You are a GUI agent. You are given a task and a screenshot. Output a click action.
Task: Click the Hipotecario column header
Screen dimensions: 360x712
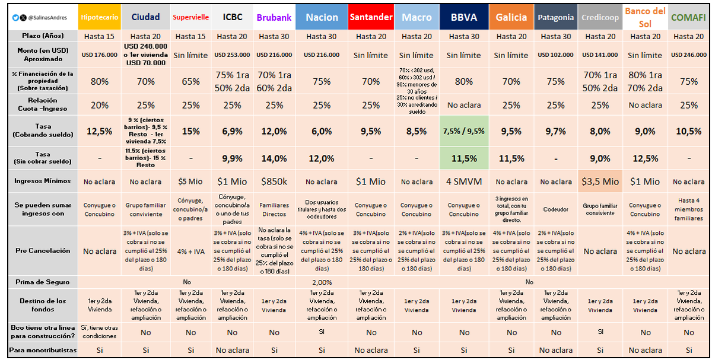(99, 17)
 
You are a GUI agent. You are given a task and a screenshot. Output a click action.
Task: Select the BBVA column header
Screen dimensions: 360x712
(463, 17)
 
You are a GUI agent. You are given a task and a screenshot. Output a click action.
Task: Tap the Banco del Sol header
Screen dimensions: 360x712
(644, 17)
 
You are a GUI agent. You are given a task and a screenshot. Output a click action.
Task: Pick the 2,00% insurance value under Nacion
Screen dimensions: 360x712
(321, 282)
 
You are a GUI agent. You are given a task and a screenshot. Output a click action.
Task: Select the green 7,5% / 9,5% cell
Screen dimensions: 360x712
(463, 131)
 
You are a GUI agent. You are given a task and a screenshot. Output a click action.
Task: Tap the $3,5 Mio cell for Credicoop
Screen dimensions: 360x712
(600, 181)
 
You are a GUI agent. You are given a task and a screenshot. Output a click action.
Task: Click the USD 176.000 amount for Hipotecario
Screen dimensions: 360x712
(99, 55)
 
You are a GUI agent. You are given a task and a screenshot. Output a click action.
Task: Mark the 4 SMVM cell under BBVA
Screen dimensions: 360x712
(463, 181)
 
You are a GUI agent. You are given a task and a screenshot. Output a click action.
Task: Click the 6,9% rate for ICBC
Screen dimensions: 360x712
(232, 131)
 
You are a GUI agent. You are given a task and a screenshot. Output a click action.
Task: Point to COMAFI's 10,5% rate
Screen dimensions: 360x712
(688, 131)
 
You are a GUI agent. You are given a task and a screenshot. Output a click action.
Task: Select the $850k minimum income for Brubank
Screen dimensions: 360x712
(274, 181)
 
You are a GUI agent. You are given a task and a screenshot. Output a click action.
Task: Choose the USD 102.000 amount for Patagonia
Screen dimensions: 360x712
(556, 55)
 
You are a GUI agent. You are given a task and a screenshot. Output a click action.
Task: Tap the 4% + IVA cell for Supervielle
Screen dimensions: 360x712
(190, 251)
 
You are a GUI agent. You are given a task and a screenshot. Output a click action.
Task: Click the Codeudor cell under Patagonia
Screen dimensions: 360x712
(556, 209)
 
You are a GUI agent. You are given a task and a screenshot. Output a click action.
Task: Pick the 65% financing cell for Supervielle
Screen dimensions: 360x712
(190, 81)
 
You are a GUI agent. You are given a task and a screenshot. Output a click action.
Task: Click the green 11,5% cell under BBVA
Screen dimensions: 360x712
(463, 158)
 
